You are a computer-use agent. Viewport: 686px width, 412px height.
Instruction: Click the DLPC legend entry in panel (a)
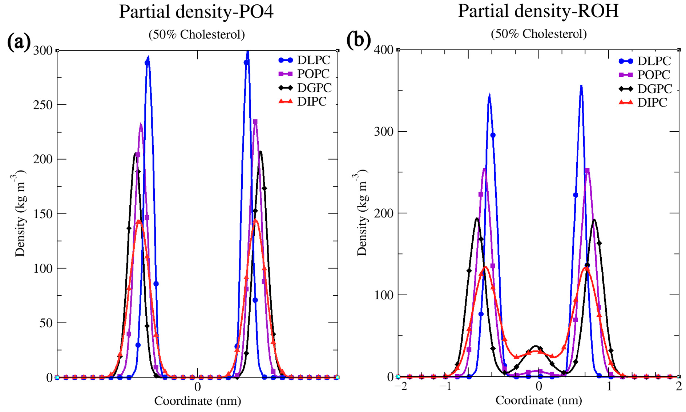pos(313,60)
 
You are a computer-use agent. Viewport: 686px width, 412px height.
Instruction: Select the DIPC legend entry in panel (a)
pos(311,102)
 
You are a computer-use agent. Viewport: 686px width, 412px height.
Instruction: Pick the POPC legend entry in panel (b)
pos(653,75)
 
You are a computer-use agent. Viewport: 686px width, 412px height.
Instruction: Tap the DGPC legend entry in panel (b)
pos(654,89)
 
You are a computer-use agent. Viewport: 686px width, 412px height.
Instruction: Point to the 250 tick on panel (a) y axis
pos(43,105)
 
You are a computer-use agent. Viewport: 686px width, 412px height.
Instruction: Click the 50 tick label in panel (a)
pos(46,323)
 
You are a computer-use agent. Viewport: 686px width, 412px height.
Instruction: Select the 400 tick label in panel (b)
pos(384,50)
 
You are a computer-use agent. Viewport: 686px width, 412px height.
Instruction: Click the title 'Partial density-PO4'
pos(196,12)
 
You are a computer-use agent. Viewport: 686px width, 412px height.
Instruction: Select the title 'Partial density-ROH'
pos(538,11)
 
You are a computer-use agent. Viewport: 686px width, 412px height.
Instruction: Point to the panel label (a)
pos(19,42)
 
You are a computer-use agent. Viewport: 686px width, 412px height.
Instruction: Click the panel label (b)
pos(358,40)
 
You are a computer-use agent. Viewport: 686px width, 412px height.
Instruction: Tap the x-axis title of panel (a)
pos(197,401)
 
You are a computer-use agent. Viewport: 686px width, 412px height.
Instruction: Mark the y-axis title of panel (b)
pos(362,213)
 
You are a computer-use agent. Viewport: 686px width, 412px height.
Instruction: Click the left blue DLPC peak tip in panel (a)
pos(148,57)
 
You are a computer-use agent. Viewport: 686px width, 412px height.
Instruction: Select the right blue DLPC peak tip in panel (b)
pos(581,86)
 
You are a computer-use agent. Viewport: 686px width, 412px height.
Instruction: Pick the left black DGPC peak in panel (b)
pos(477,219)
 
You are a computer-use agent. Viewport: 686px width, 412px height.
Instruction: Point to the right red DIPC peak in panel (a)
pos(256,220)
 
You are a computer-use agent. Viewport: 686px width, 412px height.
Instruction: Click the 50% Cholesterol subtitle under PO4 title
pos(197,35)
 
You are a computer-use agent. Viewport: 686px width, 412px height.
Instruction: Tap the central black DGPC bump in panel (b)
pos(536,346)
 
